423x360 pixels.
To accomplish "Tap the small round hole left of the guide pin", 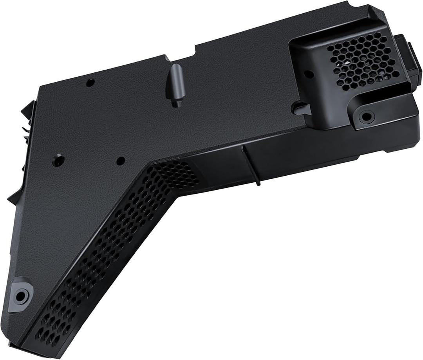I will tap(90, 83).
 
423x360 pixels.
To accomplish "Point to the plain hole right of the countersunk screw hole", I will tap(121, 160).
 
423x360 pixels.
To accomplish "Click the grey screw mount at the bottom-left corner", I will tap(20, 294).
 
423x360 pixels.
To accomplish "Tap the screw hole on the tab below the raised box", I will tap(367, 116).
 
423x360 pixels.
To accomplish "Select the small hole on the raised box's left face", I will tap(309, 74).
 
